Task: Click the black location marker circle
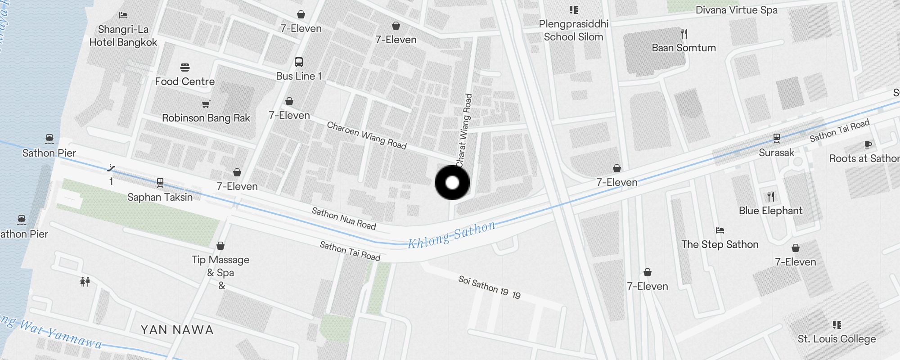pos(452,183)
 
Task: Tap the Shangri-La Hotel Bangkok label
pos(123,36)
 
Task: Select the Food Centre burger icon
pos(185,67)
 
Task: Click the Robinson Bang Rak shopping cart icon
pos(206,104)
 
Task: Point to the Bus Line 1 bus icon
pos(298,62)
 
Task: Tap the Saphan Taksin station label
pos(160,197)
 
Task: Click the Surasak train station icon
pos(776,138)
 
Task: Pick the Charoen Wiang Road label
pos(366,135)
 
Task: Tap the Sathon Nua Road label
pos(344,219)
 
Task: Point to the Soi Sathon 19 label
pos(489,287)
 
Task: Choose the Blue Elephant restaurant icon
pos(771,196)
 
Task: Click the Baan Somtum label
pos(684,48)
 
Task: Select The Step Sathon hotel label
pos(720,244)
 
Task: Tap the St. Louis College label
pos(837,339)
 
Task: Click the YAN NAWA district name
pos(177,330)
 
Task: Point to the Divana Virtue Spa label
pos(736,10)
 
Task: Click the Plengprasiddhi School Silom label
pos(573,30)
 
